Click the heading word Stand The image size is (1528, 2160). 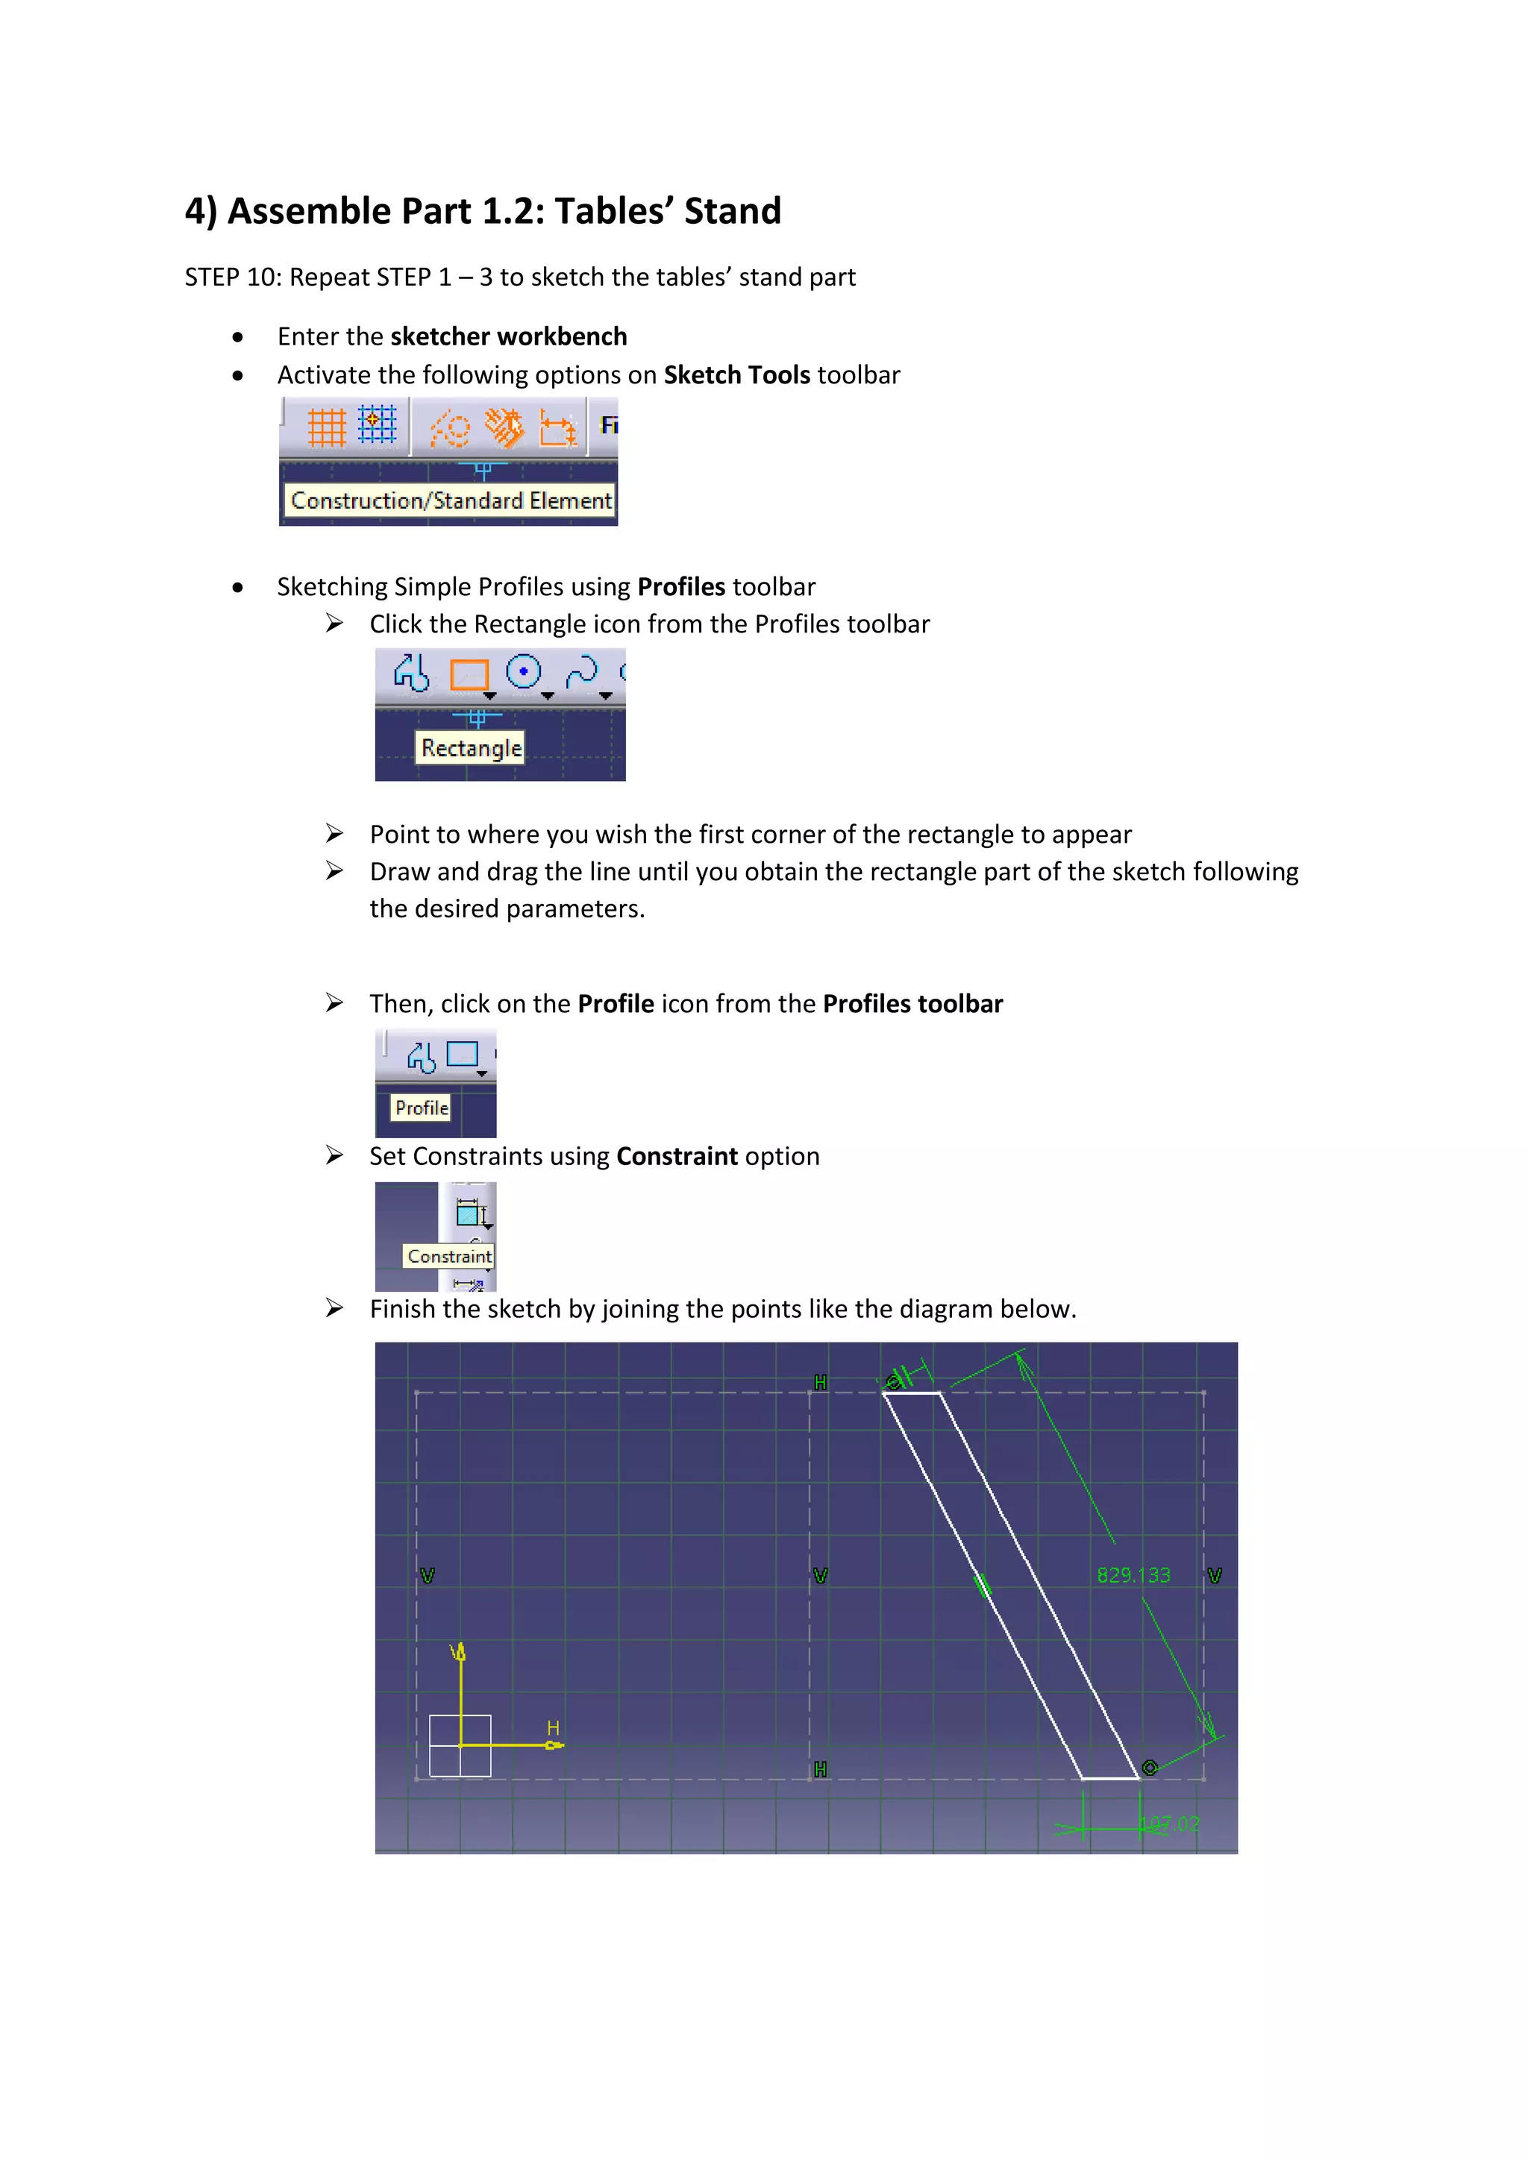(732, 212)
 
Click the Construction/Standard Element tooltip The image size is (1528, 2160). (451, 500)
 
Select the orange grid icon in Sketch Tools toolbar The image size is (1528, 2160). (327, 427)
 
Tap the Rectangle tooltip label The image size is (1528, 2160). (471, 748)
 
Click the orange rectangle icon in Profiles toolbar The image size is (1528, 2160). (469, 674)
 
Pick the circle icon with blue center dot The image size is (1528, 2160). (523, 672)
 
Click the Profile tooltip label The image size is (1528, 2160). (421, 1108)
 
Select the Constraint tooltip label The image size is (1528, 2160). (449, 1256)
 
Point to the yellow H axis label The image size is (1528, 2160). (554, 1727)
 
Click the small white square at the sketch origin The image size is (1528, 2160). (460, 1746)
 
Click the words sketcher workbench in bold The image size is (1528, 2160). (508, 337)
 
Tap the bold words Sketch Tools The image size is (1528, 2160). (736, 375)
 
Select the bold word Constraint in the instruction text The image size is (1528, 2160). (677, 1156)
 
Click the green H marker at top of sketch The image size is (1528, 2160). (821, 1382)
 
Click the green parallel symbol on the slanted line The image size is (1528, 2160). (983, 1586)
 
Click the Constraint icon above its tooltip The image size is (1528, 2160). (469, 1213)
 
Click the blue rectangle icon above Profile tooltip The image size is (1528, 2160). (462, 1055)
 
